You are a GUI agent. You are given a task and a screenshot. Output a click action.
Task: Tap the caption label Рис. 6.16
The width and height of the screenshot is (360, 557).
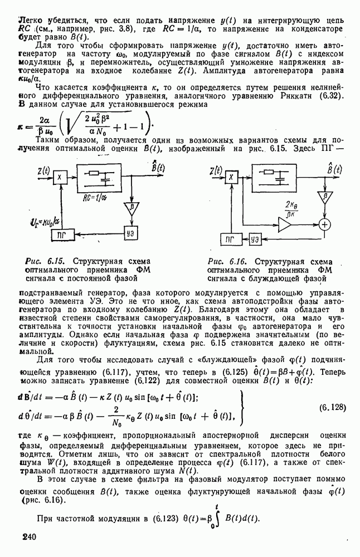[x=221, y=261]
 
